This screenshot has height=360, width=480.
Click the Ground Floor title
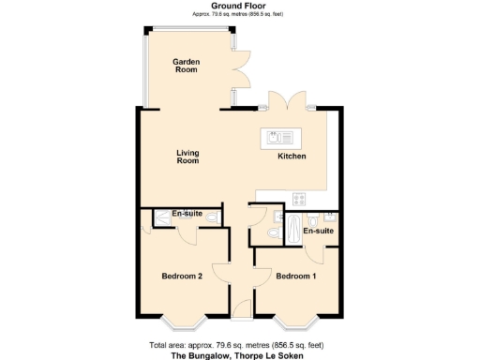[x=238, y=6]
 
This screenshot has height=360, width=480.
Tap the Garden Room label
[x=185, y=66]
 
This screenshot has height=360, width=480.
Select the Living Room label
[x=188, y=157]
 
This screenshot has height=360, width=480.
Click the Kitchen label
[x=292, y=156]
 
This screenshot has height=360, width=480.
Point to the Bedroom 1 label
[x=295, y=276]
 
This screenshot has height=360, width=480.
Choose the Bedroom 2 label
[x=182, y=276]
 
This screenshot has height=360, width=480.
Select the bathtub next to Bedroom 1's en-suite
[x=292, y=227]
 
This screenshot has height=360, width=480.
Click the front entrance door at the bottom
[x=241, y=307]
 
